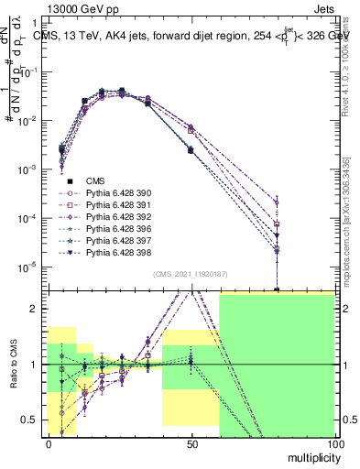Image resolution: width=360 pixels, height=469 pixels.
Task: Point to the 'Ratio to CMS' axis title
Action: point(13,364)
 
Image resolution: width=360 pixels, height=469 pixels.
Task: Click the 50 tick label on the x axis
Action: point(191,442)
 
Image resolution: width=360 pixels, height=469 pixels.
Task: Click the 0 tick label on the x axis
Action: point(49,442)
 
